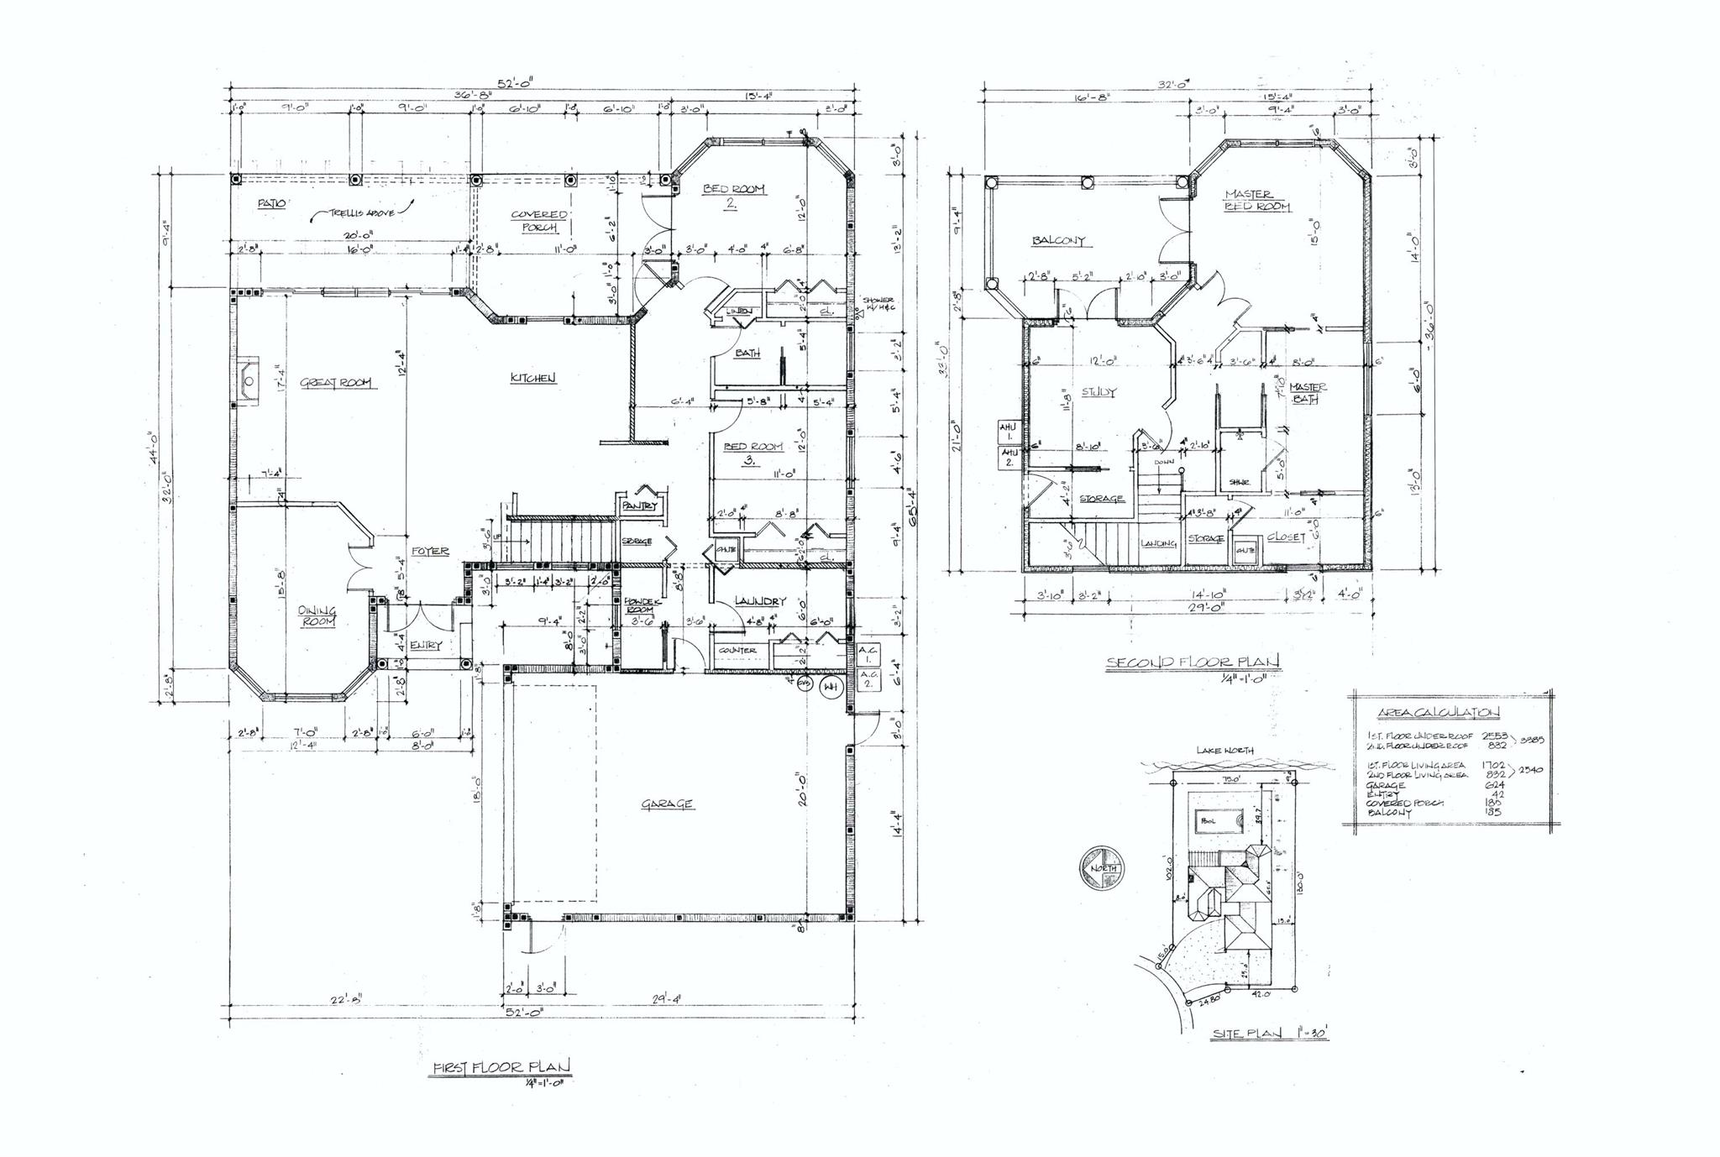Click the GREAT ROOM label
coord(338,384)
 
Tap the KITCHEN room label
coord(533,379)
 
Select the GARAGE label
coord(668,804)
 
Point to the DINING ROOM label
coord(317,616)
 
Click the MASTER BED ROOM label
coord(1257,200)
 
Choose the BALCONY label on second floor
coord(1058,241)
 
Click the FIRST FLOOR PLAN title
coord(501,1067)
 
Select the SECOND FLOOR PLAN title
coord(1193,662)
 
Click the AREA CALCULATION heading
coord(1438,713)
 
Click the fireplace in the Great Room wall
coord(249,380)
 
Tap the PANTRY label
coord(641,506)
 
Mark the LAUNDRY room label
coord(760,601)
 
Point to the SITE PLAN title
coord(1269,1034)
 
